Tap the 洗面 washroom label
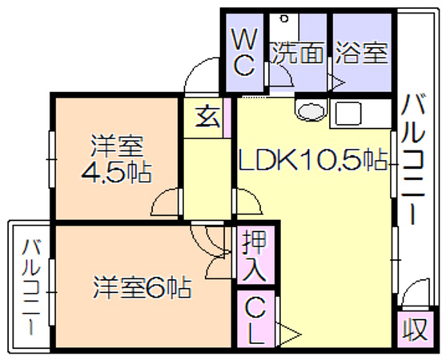(298, 53)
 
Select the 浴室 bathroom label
(361, 53)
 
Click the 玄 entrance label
(208, 117)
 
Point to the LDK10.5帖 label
(313, 159)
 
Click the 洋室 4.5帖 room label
(116, 159)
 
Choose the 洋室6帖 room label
(142, 286)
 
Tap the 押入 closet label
(255, 255)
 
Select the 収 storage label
(415, 329)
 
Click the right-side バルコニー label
(414, 160)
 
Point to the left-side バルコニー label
(30, 287)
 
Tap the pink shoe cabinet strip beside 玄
(227, 118)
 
